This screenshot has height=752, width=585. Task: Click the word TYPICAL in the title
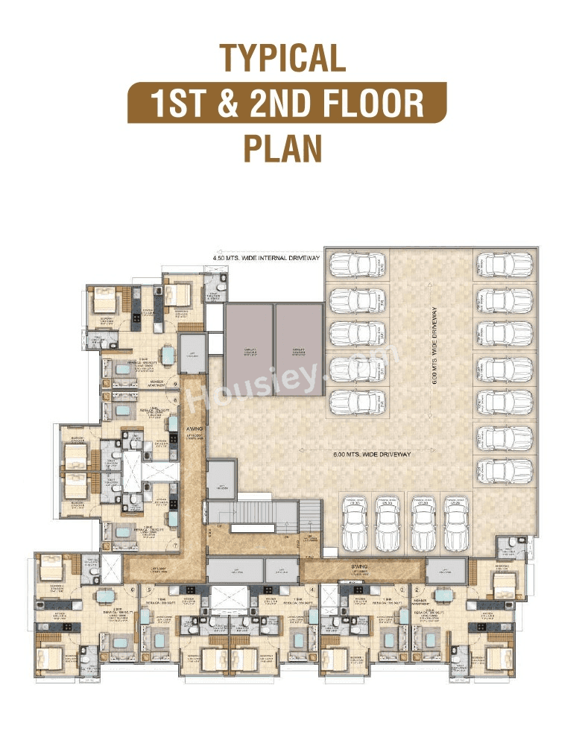click(x=282, y=58)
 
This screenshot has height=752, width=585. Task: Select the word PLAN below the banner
click(x=282, y=148)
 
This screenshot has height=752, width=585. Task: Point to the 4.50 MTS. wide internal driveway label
click(x=265, y=258)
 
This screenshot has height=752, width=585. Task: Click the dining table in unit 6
click(x=106, y=596)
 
